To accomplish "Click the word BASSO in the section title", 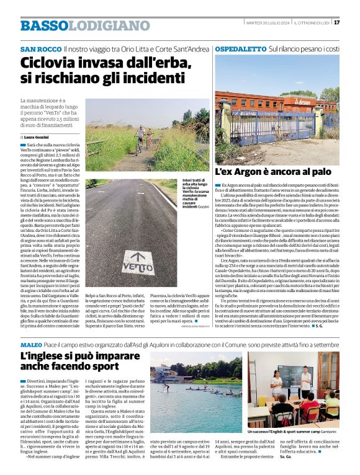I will point(43,25).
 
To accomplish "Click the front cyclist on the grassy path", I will point(142,136).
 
